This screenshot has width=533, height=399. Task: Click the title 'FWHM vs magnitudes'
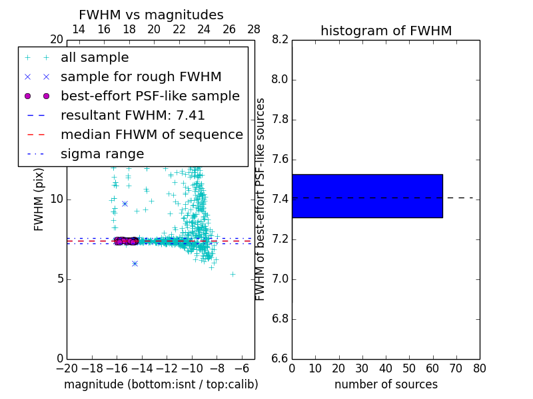pyautogui.click(x=151, y=15)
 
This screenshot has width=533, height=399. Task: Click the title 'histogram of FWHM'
pyautogui.click(x=386, y=31)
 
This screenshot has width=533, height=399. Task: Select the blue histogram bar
pyautogui.click(x=367, y=196)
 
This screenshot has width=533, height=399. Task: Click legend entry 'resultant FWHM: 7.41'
pyautogui.click(x=133, y=115)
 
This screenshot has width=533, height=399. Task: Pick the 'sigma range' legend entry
pyautogui.click(x=102, y=154)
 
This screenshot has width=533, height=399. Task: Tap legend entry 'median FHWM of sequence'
pyautogui.click(x=151, y=134)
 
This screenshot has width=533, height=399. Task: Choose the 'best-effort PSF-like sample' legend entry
pyautogui.click(x=150, y=96)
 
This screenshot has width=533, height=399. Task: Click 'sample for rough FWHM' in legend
pyautogui.click(x=141, y=76)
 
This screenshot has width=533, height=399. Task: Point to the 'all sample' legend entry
pyautogui.click(x=95, y=57)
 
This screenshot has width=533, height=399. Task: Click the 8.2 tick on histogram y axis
pyautogui.click(x=280, y=40)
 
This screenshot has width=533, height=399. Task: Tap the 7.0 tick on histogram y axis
pyautogui.click(x=280, y=279)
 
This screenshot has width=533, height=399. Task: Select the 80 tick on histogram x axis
pyautogui.click(x=479, y=368)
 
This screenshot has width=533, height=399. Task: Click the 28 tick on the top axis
pyautogui.click(x=254, y=29)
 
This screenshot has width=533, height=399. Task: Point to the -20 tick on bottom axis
pyautogui.click(x=67, y=368)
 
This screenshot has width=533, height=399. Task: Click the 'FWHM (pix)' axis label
pyautogui.click(x=39, y=199)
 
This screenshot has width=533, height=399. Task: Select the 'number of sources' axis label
pyautogui.click(x=386, y=384)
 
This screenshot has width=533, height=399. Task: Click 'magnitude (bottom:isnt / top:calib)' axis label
pyautogui.click(x=161, y=384)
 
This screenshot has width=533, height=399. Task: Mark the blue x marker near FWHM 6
pyautogui.click(x=135, y=263)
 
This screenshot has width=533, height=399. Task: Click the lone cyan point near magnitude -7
pyautogui.click(x=233, y=273)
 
